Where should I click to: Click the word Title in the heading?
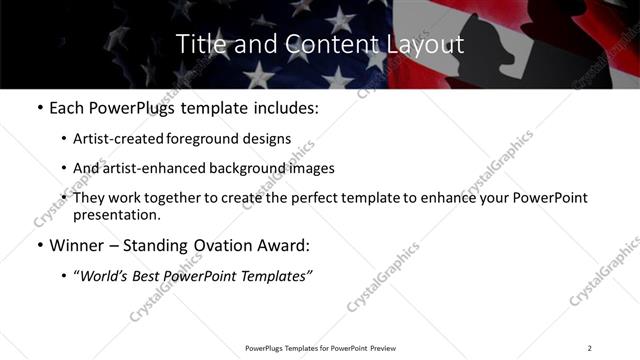pyautogui.click(x=198, y=44)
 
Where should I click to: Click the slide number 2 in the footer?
pyautogui.click(x=589, y=348)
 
